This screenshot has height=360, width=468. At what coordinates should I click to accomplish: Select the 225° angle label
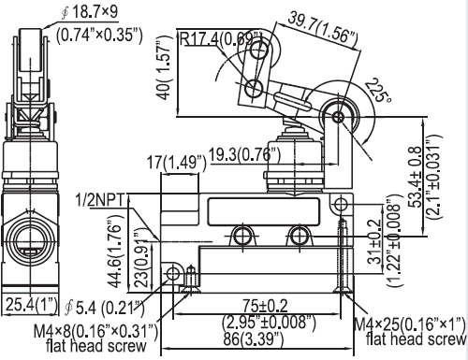coord(378,91)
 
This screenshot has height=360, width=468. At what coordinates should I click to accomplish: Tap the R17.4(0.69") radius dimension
coord(221,38)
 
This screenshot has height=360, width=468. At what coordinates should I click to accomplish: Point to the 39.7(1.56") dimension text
coord(322,27)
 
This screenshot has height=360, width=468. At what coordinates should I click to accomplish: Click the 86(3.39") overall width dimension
coord(254,339)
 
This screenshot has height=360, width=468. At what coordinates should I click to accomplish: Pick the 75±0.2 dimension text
coord(265,306)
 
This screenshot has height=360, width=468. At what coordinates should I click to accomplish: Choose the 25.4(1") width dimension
coord(32,304)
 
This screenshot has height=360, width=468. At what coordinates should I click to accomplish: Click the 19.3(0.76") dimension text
coord(244,154)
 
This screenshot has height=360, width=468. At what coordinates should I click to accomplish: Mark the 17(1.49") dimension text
coord(177,163)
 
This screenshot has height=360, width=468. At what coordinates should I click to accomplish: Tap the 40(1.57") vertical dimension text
coord(164,67)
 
